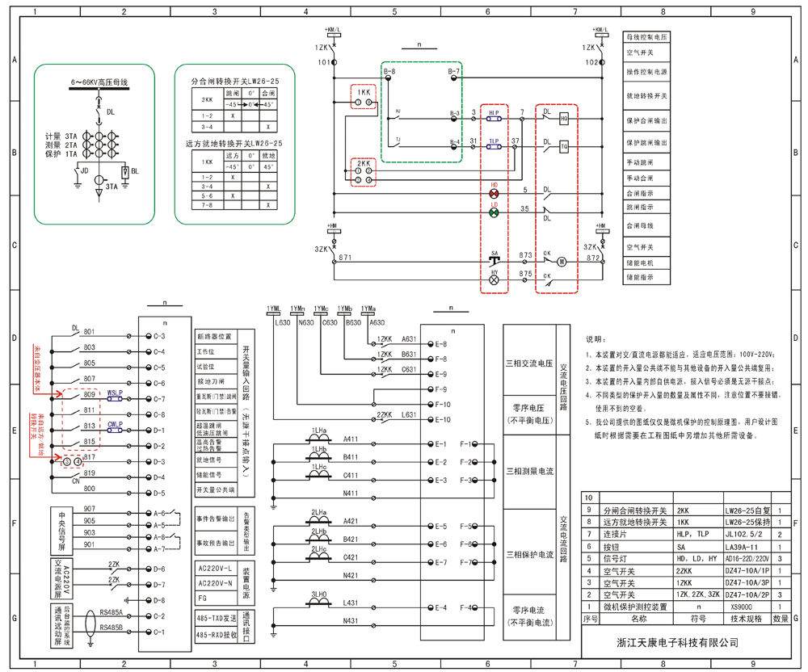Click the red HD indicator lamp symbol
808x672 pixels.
pyautogui.click(x=494, y=194)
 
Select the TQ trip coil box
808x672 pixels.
pyautogui.click(x=564, y=147)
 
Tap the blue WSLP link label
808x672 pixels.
pyautogui.click(x=115, y=393)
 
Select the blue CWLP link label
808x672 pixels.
pyautogui.click(x=115, y=424)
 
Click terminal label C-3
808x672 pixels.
pyautogui.click(x=158, y=336)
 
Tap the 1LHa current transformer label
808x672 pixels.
pyautogui.click(x=318, y=430)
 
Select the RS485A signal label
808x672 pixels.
pyautogui.click(x=111, y=613)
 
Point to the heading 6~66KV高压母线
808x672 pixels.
pyautogui.click(x=99, y=82)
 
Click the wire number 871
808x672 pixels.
pyautogui.click(x=345, y=257)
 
